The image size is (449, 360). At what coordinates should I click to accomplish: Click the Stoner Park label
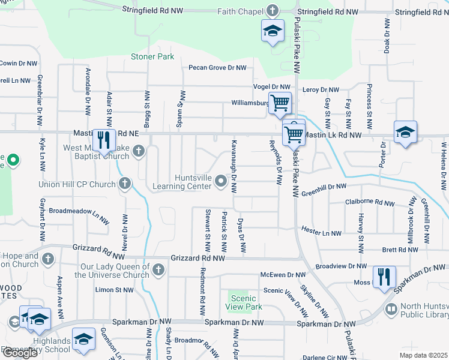(152, 57)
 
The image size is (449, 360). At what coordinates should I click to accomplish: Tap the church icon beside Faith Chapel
(273, 11)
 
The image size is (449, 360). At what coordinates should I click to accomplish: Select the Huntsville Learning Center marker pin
(221, 180)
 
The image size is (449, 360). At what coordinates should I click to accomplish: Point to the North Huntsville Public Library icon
(391, 309)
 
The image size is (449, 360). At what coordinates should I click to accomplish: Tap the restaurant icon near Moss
(382, 278)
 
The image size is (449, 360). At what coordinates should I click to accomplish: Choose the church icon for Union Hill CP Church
(125, 184)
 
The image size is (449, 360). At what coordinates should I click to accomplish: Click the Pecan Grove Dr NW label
(217, 68)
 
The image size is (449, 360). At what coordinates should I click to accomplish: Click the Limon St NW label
(115, 290)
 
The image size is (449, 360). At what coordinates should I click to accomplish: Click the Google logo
(19, 352)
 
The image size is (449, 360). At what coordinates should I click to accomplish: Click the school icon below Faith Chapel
(273, 31)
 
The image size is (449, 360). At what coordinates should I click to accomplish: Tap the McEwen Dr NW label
(283, 275)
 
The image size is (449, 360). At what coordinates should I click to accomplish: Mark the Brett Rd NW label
(395, 249)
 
